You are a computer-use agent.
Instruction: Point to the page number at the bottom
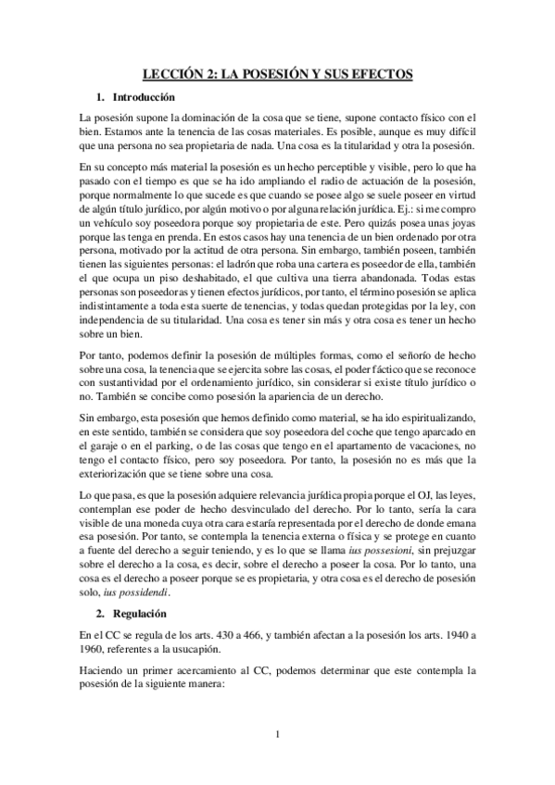click(277, 735)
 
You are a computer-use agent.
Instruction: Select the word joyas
click(459, 225)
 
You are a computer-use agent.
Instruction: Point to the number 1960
click(94, 623)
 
